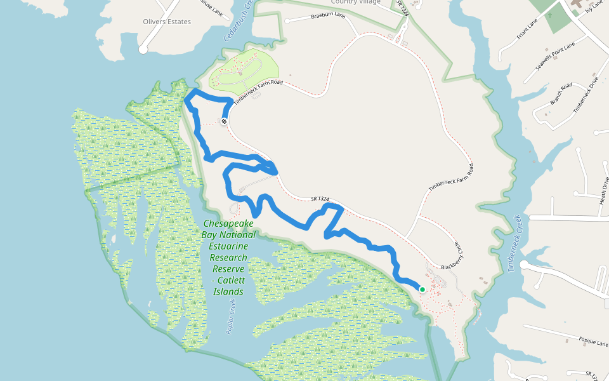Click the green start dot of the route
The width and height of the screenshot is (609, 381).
point(422,289)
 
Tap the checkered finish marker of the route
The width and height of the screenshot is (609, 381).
point(224,121)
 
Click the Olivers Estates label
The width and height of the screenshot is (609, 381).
point(167,22)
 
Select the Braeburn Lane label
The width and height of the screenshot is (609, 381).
point(328,15)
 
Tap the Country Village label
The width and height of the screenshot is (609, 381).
point(356,2)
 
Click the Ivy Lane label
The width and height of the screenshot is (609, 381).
point(593,7)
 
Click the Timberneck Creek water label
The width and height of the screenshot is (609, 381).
point(514,243)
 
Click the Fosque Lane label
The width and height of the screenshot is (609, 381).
point(593,342)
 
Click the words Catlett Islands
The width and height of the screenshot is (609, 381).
point(228,286)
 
